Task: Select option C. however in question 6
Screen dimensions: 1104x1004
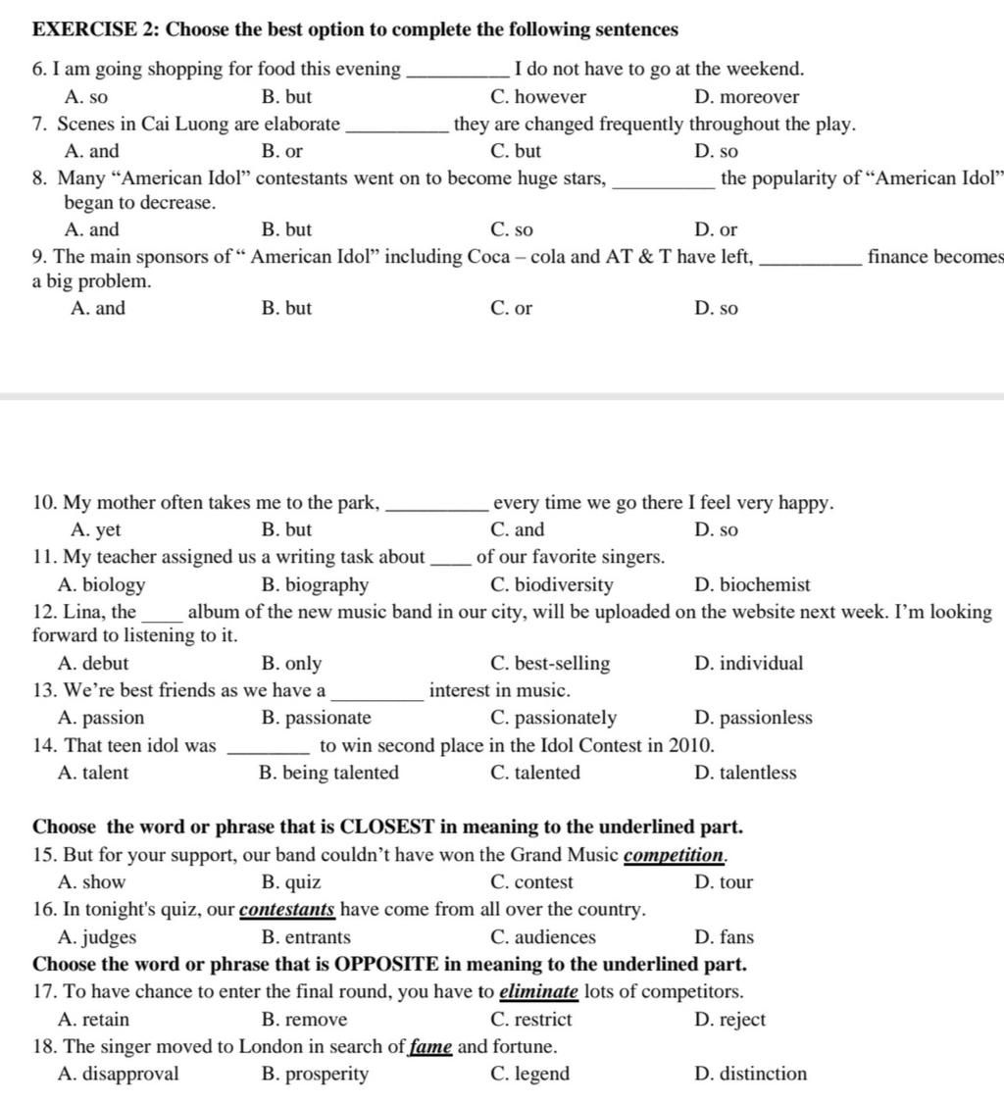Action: (537, 97)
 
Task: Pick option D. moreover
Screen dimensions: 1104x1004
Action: (746, 97)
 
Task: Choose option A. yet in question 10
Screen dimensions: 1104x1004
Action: (96, 530)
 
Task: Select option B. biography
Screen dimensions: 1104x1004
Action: (316, 585)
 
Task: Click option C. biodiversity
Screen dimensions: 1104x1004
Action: (551, 585)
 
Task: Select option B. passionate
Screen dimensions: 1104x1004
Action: (317, 718)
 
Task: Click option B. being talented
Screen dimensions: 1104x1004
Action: (329, 773)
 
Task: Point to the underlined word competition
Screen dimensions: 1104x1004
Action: (675, 855)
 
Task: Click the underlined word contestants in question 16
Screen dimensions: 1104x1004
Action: (287, 910)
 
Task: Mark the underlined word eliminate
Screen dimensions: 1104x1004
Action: (538, 992)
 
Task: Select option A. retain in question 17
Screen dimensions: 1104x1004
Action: (93, 1020)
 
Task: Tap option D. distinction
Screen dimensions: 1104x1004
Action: (750, 1074)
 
